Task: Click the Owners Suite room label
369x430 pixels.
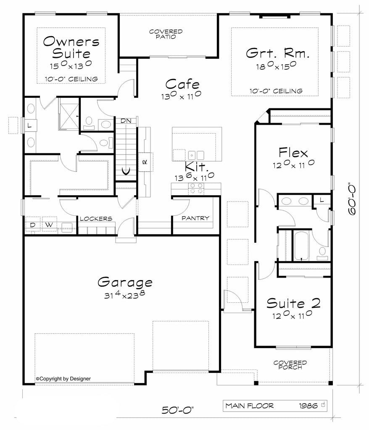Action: click(x=71, y=48)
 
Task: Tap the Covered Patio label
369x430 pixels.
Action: click(x=166, y=34)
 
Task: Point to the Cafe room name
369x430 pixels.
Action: click(x=182, y=84)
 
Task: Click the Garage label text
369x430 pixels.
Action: click(x=125, y=282)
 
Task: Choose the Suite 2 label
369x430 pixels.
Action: click(x=293, y=303)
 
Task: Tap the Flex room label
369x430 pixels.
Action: click(x=293, y=152)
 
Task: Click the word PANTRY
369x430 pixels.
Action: click(x=195, y=218)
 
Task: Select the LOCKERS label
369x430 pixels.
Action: click(x=96, y=219)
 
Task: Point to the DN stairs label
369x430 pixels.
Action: click(x=126, y=121)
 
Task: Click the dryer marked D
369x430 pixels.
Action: click(x=33, y=225)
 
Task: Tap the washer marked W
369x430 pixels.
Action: click(x=50, y=225)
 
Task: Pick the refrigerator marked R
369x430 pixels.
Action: click(x=145, y=162)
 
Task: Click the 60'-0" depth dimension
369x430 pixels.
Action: click(x=352, y=200)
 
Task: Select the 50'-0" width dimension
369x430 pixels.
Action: click(x=178, y=410)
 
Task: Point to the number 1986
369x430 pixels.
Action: click(x=308, y=406)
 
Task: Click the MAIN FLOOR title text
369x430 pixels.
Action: click(x=250, y=406)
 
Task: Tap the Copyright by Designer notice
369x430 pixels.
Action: click(x=63, y=379)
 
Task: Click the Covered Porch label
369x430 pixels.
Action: click(x=290, y=365)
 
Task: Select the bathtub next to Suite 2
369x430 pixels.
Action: click(x=302, y=246)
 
